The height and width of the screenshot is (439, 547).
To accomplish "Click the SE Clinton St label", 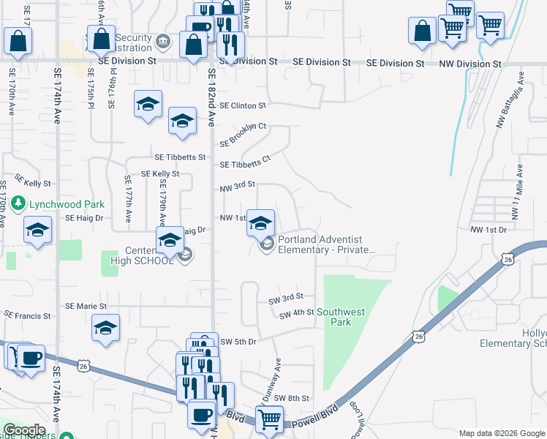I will pos(241,106).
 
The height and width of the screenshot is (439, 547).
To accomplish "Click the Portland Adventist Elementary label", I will pos(326,244).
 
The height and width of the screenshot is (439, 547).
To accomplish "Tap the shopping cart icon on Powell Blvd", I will pos(270,420).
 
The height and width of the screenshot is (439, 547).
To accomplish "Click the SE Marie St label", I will pos(86,306).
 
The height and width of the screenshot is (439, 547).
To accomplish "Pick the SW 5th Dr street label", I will pos(238,342).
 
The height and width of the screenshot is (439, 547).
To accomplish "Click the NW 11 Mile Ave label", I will pos(518,192).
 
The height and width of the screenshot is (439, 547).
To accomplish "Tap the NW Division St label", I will pos(469,64).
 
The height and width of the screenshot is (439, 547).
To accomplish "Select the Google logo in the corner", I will pos(25,430).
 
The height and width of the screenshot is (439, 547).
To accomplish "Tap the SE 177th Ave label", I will pos(127,198).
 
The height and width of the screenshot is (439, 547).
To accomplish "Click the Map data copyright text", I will pos(502,433).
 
